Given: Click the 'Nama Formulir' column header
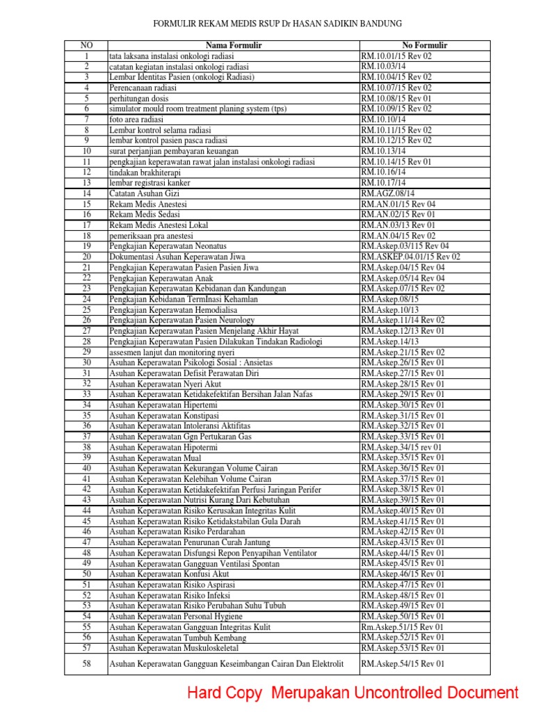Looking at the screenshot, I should [x=233, y=45].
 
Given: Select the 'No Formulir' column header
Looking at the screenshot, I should [x=424, y=45].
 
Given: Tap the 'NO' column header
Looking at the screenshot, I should [x=87, y=45].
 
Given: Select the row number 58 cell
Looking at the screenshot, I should [x=87, y=664].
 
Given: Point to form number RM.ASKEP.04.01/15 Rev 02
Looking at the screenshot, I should [x=410, y=257].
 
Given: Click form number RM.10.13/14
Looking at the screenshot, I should [x=383, y=151].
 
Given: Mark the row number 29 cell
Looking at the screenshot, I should [x=87, y=352].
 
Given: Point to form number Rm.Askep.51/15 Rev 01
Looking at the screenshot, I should [x=402, y=626].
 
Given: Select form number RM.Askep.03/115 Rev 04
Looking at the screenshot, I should [x=405, y=246].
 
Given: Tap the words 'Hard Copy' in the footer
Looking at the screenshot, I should [x=225, y=693].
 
